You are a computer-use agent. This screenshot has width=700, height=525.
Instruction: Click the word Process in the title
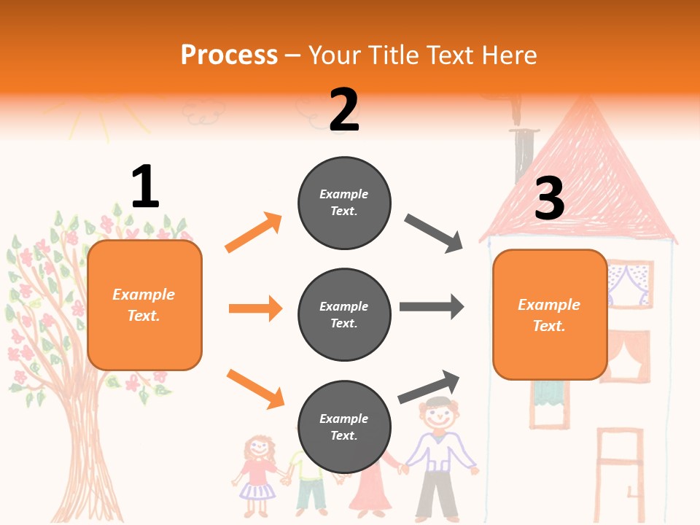click(229, 55)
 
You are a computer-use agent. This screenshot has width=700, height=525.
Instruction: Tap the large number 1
click(145, 187)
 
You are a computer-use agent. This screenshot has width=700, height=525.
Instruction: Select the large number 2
click(344, 109)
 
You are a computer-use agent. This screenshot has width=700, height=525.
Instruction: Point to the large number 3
click(549, 198)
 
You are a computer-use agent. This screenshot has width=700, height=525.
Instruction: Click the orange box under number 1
click(144, 305)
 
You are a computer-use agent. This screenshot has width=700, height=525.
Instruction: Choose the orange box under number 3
click(550, 314)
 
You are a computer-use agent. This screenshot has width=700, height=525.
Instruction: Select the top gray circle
click(344, 202)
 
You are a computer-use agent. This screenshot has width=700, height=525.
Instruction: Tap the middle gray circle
click(344, 314)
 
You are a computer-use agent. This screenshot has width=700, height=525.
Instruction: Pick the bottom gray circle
click(344, 427)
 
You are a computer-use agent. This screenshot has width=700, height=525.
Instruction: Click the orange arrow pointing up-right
click(254, 232)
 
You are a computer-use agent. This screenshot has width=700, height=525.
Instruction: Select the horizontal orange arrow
click(255, 308)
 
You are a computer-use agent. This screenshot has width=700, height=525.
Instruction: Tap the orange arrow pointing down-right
click(255, 389)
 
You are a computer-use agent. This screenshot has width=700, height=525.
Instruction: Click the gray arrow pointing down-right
click(434, 233)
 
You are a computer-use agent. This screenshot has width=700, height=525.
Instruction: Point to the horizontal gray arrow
click(432, 306)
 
